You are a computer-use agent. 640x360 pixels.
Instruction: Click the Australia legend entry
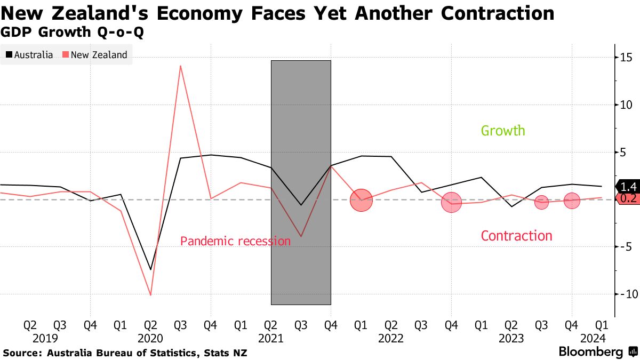coord(29,55)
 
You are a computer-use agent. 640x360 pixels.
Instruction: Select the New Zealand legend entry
coord(95,55)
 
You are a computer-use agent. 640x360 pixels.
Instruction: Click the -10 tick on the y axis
coord(625,294)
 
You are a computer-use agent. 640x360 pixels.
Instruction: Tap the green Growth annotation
coord(503,131)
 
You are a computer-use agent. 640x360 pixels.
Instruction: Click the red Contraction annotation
coord(516,236)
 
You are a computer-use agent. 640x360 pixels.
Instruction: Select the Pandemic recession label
coord(235,241)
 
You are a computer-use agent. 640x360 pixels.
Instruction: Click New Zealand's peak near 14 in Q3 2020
coord(181,66)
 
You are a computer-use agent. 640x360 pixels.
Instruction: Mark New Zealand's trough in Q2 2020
coord(150,294)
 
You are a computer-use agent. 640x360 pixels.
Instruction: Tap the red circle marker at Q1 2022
coord(361,201)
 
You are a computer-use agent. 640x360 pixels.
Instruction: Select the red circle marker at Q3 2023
coord(541,202)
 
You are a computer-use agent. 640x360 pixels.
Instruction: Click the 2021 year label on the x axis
coord(271,338)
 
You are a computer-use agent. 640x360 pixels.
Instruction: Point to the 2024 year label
coord(592,338)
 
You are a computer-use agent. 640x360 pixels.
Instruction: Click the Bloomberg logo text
coord(590,352)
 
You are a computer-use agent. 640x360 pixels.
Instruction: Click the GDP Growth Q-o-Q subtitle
coord(73,32)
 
